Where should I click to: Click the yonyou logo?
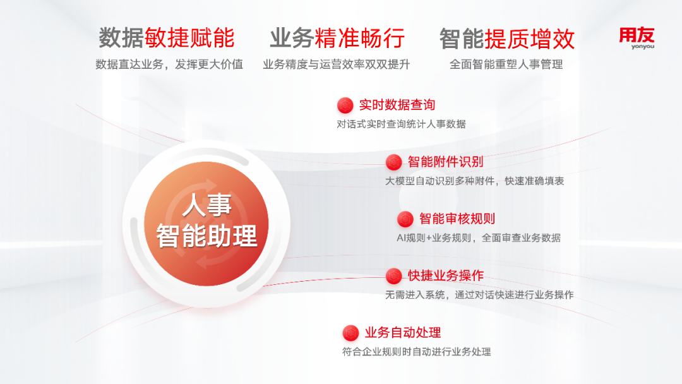click(637, 39)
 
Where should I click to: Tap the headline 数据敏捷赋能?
click(167, 38)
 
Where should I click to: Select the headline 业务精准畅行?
click(337, 38)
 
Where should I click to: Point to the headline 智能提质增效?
click(506, 39)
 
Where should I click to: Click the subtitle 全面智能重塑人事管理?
click(506, 64)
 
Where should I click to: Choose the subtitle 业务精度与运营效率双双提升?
click(336, 64)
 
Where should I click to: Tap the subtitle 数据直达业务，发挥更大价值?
click(169, 64)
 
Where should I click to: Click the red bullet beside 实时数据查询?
click(345, 105)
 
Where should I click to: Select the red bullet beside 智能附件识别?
click(393, 162)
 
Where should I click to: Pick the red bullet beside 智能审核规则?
click(405, 219)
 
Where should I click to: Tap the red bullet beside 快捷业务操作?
click(393, 276)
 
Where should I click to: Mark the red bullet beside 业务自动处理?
click(350, 333)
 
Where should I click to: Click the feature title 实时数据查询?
click(397, 105)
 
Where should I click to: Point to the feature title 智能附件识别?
click(445, 162)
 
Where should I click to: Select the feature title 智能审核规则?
click(457, 219)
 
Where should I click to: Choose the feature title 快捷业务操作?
click(445, 275)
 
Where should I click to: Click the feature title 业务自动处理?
click(403, 333)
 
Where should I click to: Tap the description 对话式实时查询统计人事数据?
click(401, 124)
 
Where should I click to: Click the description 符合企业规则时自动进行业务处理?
click(416, 352)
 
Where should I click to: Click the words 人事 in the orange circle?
click(206, 205)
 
